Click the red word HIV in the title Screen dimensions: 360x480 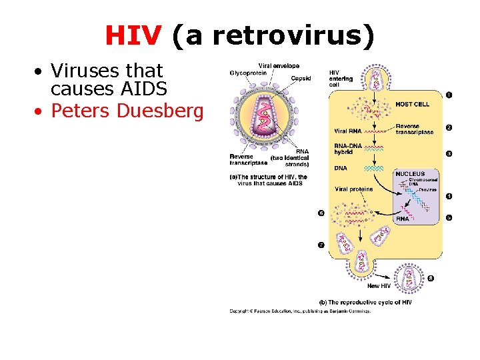tap(133, 36)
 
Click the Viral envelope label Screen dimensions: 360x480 tap(279, 65)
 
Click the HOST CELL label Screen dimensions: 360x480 tap(412, 104)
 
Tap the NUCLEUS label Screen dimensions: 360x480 tap(410, 174)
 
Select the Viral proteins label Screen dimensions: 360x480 tap(354, 189)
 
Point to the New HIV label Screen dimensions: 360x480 tap(379, 286)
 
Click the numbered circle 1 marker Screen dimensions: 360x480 tap(449, 95)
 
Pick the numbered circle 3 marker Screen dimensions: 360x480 tap(449, 154)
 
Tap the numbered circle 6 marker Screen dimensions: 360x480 tap(321, 213)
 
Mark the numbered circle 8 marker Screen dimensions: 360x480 tap(430, 279)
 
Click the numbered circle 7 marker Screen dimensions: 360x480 tap(321, 245)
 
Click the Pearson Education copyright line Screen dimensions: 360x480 tap(300, 311)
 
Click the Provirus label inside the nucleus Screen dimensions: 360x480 tap(428, 190)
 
